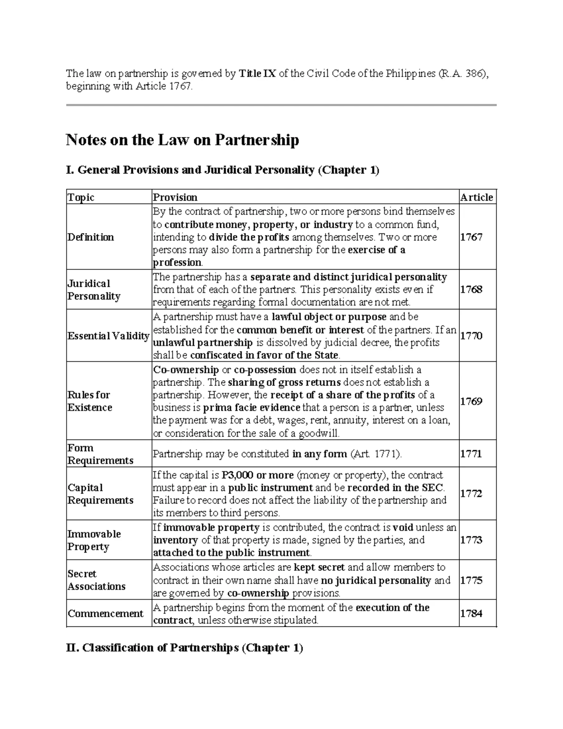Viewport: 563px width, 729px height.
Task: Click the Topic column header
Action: [x=81, y=197]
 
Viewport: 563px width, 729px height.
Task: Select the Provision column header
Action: [x=175, y=197]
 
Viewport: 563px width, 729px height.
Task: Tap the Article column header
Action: [x=476, y=197]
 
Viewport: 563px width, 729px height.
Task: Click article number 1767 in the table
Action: [x=471, y=237]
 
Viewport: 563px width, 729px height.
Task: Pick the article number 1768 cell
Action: [x=471, y=289]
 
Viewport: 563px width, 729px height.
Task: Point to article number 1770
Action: [x=471, y=336]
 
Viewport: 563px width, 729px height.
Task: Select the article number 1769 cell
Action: [x=471, y=401]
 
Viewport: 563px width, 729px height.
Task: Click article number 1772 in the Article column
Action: [x=471, y=493]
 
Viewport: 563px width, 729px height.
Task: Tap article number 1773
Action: [x=471, y=540]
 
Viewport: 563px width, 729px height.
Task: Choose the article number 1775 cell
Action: [x=471, y=580]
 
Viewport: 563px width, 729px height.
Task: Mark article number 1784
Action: [x=471, y=614]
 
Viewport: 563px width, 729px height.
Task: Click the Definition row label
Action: [x=91, y=237]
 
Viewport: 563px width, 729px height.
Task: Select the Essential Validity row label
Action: [x=108, y=336]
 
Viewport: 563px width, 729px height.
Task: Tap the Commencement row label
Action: [x=106, y=614]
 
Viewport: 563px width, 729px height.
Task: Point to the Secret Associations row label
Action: [x=96, y=580]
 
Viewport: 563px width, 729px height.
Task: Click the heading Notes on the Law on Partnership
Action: [x=183, y=140]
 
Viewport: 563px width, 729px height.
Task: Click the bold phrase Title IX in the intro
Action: [x=258, y=74]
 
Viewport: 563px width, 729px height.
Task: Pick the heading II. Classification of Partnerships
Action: [x=184, y=648]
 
